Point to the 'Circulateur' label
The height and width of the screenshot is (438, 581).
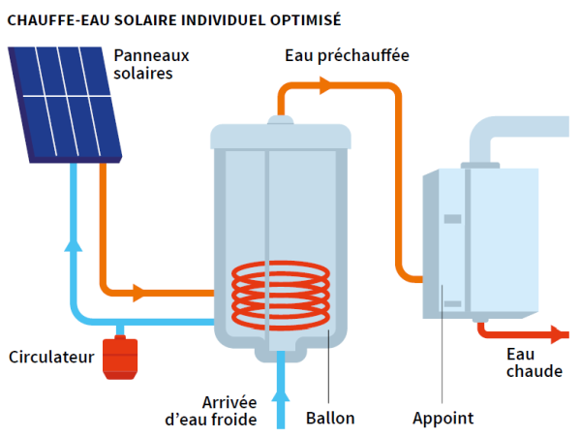[x=50, y=358]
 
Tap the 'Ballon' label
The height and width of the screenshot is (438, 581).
[x=330, y=419]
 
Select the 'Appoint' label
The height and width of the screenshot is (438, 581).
[x=443, y=419]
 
